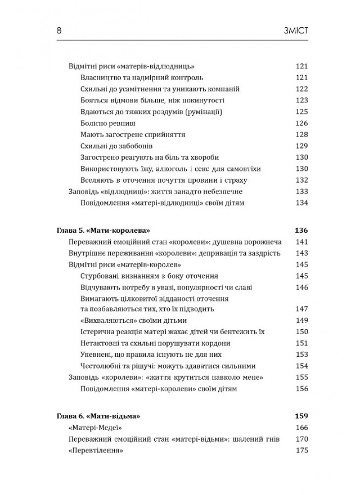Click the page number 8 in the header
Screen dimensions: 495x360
coord(59,31)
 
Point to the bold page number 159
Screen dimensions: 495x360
coord(300,414)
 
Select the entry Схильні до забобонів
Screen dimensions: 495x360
coord(115,146)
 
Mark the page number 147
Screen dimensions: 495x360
coord(301,308)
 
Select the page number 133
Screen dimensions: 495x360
coord(301,192)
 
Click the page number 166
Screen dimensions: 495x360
coord(301,426)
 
